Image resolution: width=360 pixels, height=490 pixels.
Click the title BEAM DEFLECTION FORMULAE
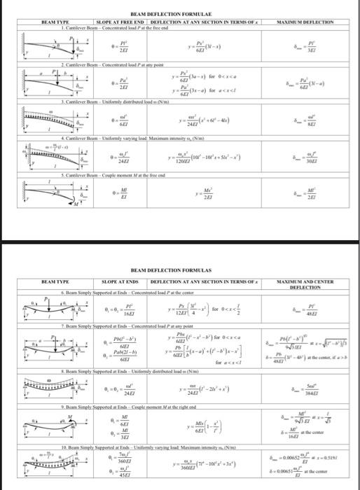coord(179,14)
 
